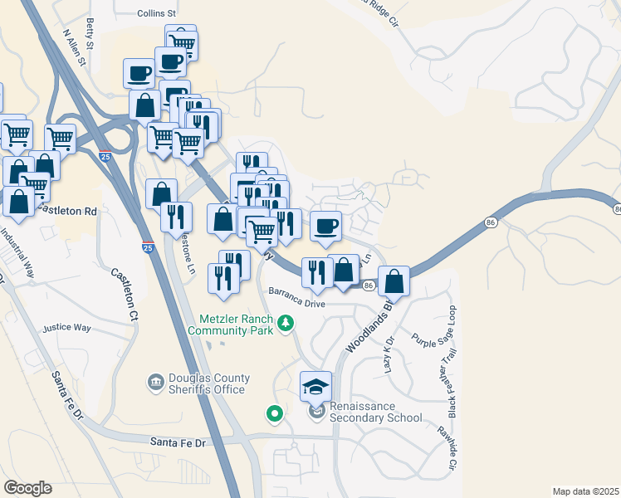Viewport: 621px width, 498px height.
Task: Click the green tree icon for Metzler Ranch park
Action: click(286, 322)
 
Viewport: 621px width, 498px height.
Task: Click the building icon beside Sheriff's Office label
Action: click(155, 383)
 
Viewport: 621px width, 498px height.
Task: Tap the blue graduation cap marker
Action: click(315, 386)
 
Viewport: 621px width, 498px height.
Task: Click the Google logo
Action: click(27, 488)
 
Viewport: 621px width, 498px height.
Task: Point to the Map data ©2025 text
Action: click(585, 491)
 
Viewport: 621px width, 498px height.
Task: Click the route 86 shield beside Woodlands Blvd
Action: click(369, 285)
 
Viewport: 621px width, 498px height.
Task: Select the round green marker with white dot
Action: click(273, 413)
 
